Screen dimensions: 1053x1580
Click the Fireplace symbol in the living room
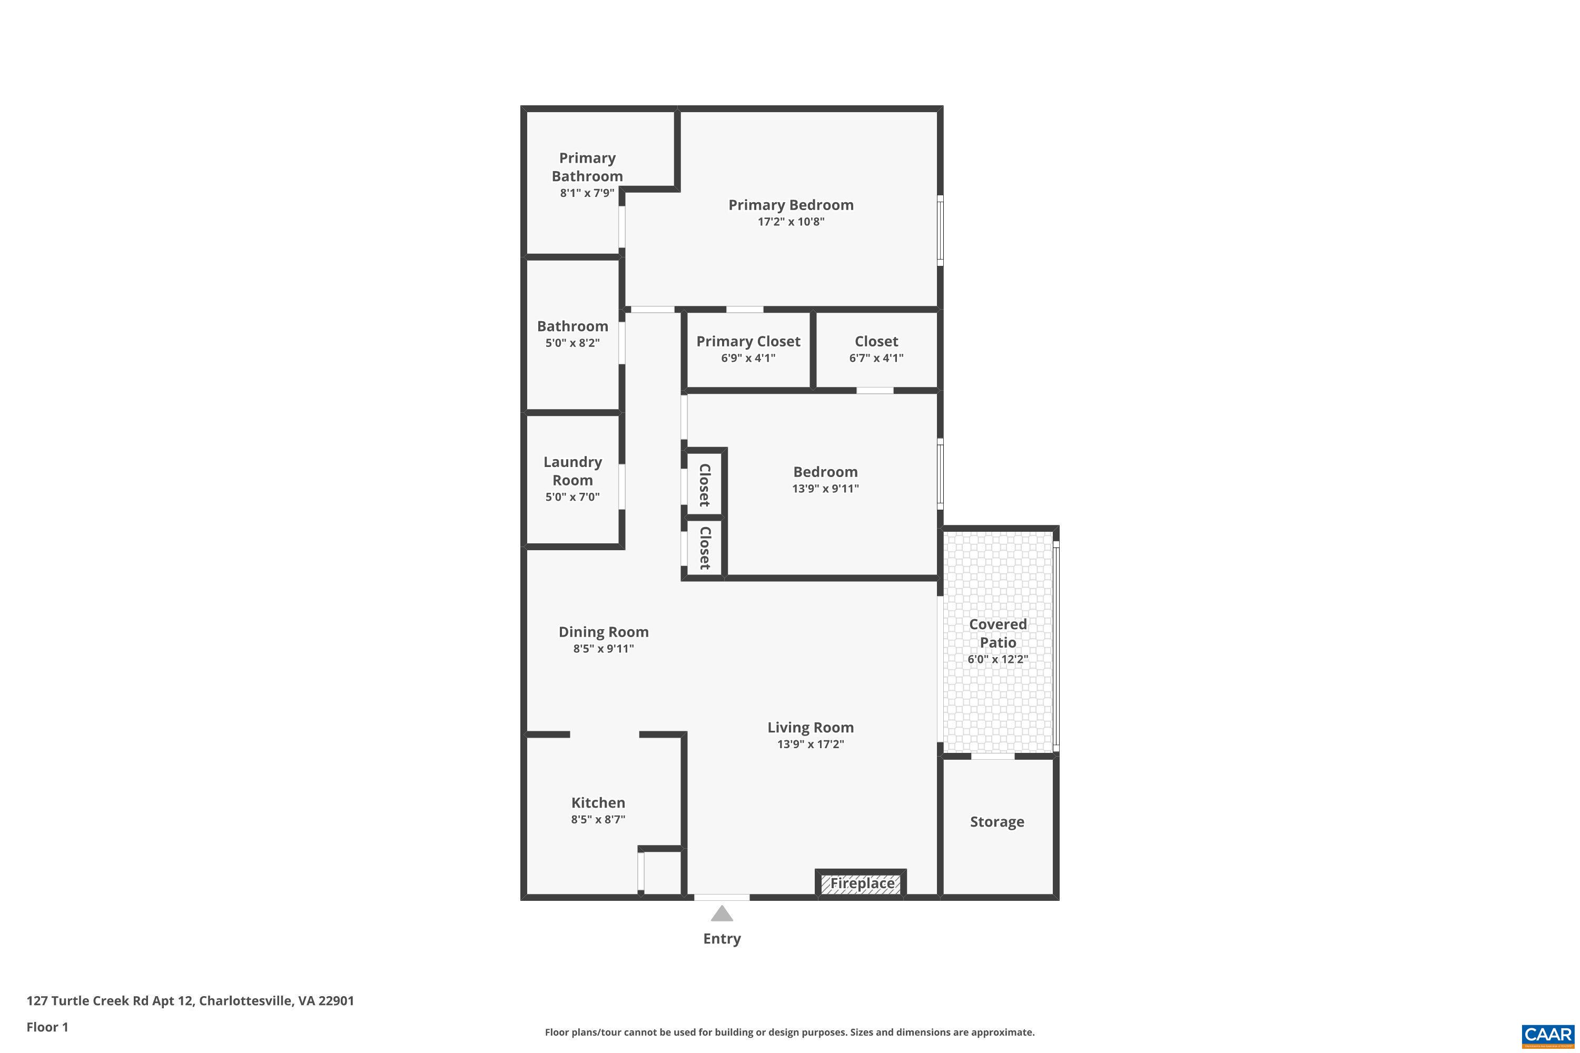pyautogui.click(x=861, y=883)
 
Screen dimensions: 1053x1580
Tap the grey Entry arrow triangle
pyautogui.click(x=722, y=913)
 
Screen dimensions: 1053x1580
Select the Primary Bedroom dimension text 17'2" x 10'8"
pyautogui.click(x=791, y=222)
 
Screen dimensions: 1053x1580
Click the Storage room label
pyautogui.click(x=997, y=822)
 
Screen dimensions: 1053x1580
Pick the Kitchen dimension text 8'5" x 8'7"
pyautogui.click(x=598, y=819)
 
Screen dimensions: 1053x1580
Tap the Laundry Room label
pyautogui.click(x=572, y=471)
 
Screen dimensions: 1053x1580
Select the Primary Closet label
pyautogui.click(x=748, y=341)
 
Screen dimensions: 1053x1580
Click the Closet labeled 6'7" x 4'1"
pyautogui.click(x=876, y=341)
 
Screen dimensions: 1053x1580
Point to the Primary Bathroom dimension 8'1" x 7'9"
pyautogui.click(x=587, y=193)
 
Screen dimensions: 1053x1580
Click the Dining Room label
pyautogui.click(x=603, y=632)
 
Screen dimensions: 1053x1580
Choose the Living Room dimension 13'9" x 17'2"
pyautogui.click(x=810, y=744)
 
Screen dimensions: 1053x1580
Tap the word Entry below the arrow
pyautogui.click(x=722, y=939)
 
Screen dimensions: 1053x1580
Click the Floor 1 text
pyautogui.click(x=47, y=1027)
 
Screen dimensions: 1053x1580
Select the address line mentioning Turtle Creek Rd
pyautogui.click(x=190, y=1001)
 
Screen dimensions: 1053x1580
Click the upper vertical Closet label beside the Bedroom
pyautogui.click(x=705, y=485)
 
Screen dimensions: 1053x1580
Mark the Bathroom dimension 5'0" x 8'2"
pyautogui.click(x=572, y=343)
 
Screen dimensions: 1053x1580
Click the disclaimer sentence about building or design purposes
pyautogui.click(x=789, y=1032)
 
